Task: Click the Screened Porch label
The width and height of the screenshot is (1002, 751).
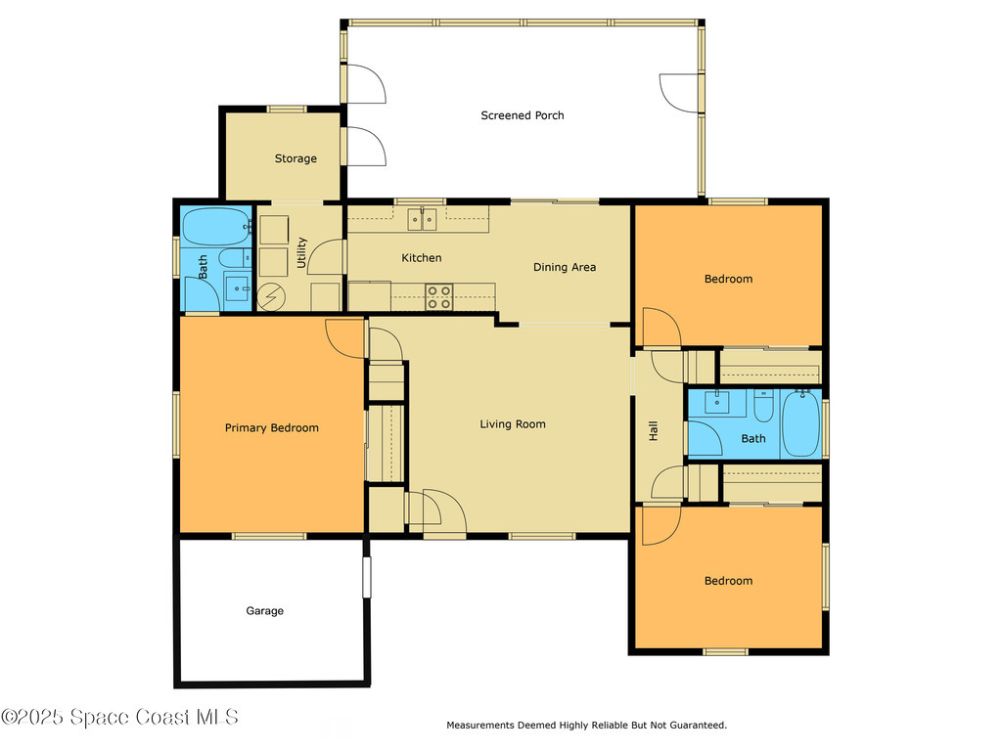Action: pos(522,115)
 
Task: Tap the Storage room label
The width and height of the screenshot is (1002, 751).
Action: pos(295,158)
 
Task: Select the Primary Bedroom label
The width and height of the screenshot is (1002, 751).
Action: pos(271,427)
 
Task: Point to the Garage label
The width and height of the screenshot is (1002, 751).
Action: pos(264,611)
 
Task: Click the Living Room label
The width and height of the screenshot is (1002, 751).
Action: pos(512,423)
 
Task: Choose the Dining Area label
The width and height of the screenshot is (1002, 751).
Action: pos(564,267)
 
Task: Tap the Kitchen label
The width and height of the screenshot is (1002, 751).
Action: pos(421,258)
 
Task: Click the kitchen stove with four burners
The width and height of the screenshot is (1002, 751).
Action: pos(439,296)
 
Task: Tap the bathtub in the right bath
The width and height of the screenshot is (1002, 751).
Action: pos(801,423)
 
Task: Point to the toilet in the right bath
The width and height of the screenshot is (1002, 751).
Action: pos(763,404)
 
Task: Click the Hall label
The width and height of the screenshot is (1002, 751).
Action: pos(654,430)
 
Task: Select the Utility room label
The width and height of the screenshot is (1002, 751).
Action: pos(301,251)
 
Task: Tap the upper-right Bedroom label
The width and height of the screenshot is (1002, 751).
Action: pos(728,279)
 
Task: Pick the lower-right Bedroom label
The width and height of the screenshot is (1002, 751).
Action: pos(728,581)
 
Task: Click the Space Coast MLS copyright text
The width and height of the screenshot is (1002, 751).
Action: pos(119,717)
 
